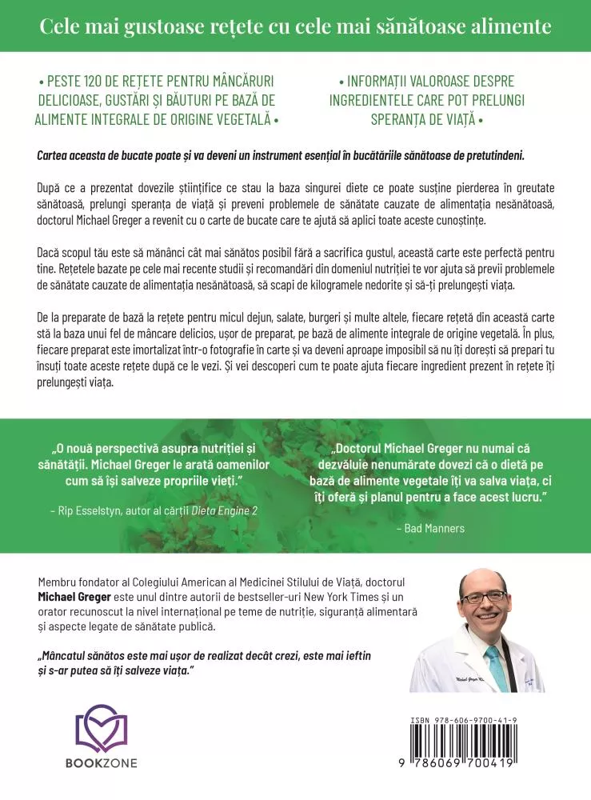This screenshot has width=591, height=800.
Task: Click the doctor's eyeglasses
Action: pyautogui.click(x=483, y=596)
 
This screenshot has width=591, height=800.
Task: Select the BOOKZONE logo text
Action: pyautogui.click(x=101, y=763)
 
